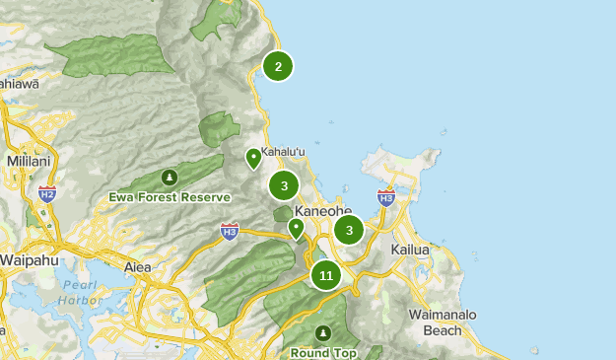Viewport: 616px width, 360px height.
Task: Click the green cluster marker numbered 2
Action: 278,66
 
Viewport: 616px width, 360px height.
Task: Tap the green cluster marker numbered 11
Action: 326,275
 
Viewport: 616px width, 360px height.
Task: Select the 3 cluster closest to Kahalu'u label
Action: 284,184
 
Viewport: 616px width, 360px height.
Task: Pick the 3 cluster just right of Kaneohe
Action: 349,230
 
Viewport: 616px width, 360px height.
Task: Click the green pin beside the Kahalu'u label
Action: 253,158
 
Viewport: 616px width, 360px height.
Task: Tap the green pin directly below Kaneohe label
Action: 296,229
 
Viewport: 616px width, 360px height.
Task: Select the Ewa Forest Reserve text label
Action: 170,197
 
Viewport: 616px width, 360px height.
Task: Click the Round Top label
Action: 323,351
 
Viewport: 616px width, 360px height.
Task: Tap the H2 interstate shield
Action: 46,192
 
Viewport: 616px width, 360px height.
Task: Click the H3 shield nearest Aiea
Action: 230,232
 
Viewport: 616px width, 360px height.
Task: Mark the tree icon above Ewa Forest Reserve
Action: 170,179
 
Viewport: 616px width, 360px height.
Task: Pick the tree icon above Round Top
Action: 323,333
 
